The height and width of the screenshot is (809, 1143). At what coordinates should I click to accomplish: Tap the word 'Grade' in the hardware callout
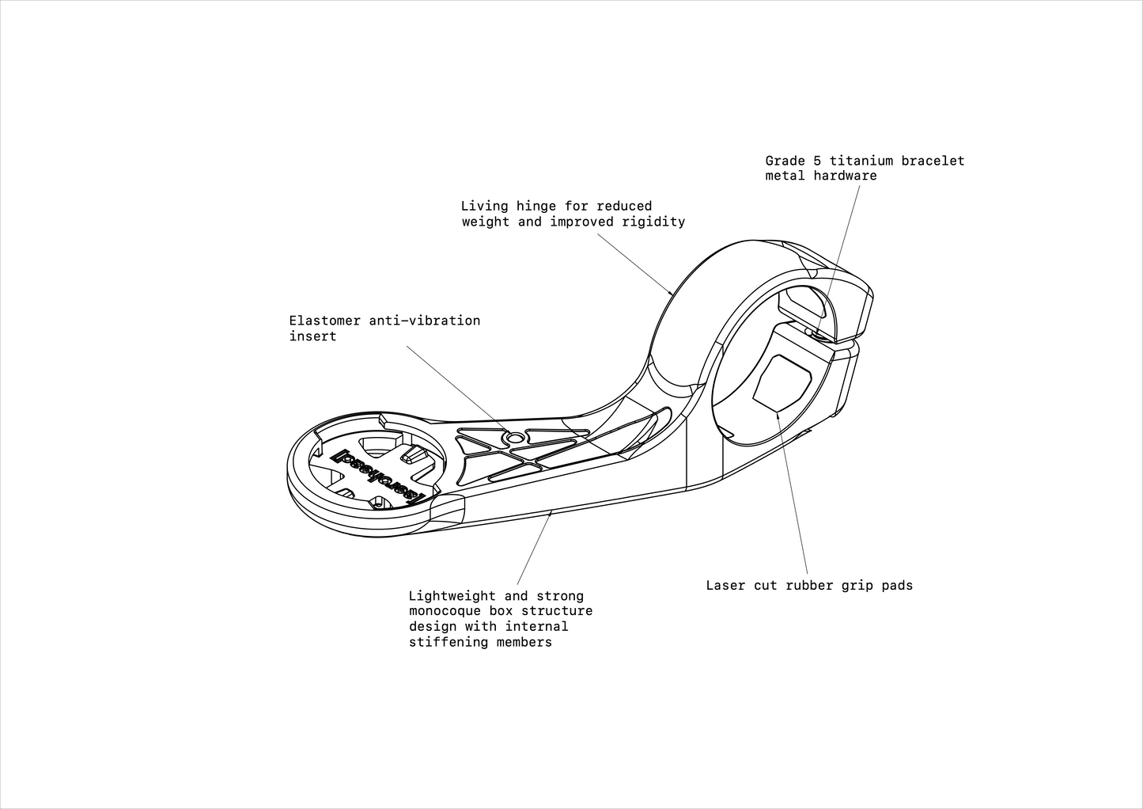point(785,161)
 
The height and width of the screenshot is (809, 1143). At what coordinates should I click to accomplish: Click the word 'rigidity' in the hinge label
point(653,222)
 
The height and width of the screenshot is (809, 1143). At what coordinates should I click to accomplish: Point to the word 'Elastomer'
point(325,321)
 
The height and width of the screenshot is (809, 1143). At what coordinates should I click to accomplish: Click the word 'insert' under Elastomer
point(312,336)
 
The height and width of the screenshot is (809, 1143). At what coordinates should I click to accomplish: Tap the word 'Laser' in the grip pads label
point(726,585)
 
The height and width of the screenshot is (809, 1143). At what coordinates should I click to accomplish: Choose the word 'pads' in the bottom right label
point(897,585)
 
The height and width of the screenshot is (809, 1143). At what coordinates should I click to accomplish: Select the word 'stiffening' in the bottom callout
point(448,642)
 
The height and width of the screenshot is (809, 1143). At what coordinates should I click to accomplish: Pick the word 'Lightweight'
point(452,596)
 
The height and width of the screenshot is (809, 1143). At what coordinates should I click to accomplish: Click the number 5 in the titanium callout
point(817,161)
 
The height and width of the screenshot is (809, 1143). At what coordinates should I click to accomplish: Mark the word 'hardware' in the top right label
point(845,176)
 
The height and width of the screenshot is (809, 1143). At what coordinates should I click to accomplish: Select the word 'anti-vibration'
point(425,321)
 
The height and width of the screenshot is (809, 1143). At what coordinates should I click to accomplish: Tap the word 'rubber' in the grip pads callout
point(809,585)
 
